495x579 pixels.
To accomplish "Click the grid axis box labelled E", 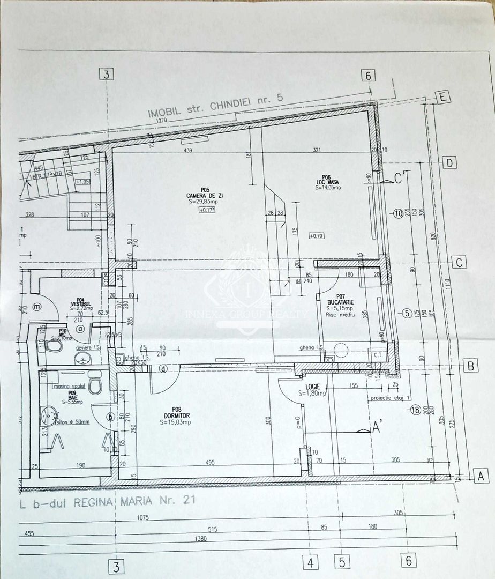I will tap(442, 97).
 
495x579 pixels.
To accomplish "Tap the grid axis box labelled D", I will tap(451, 162).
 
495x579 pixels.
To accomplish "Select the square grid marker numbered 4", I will tap(310, 562).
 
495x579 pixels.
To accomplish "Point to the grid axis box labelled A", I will tap(481, 474).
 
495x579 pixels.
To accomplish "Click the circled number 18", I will tap(415, 411).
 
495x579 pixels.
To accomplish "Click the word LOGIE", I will tap(313, 386).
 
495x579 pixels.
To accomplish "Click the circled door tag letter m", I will tap(37, 307).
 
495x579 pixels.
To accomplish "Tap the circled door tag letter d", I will tap(162, 368).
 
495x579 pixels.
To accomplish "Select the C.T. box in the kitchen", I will tap(378, 355).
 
